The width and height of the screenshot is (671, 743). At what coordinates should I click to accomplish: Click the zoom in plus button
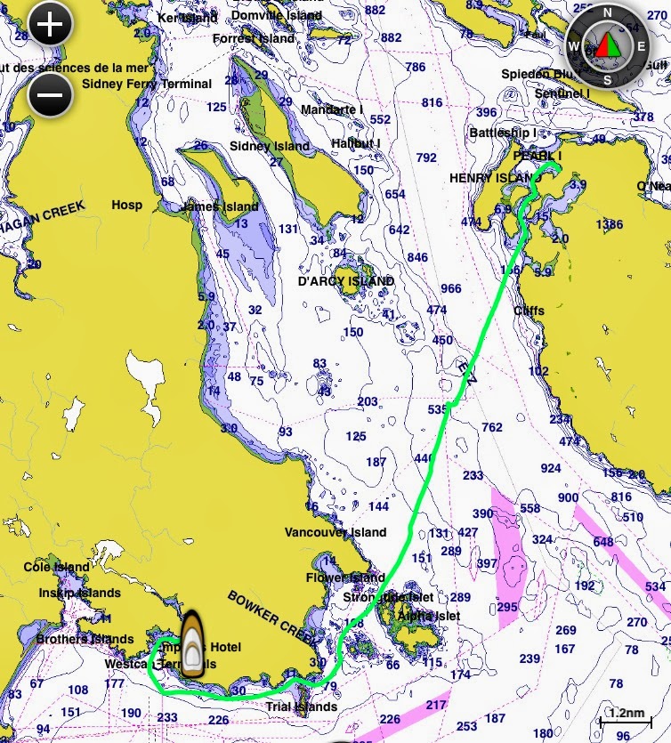click(x=50, y=24)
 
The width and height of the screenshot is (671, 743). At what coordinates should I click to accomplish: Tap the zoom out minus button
click(x=50, y=93)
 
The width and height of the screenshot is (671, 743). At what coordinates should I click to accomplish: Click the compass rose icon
click(x=608, y=44)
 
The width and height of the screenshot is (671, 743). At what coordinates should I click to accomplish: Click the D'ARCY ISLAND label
click(x=345, y=281)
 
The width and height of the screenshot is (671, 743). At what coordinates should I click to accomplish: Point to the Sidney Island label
click(x=270, y=146)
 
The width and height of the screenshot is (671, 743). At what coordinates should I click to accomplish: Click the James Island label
click(x=220, y=207)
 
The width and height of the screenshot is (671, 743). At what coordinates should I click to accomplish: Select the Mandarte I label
click(x=332, y=109)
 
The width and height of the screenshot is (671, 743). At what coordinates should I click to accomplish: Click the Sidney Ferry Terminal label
click(x=147, y=84)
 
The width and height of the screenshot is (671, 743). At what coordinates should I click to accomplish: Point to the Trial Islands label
click(x=302, y=707)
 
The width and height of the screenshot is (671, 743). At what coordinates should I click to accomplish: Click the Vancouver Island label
click(x=335, y=532)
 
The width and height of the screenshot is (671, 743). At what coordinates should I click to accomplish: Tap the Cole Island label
click(x=57, y=567)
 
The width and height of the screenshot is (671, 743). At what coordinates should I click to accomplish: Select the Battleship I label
click(x=503, y=133)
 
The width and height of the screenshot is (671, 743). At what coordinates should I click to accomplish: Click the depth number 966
click(x=451, y=288)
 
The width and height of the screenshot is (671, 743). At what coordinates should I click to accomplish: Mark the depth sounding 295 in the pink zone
click(x=507, y=607)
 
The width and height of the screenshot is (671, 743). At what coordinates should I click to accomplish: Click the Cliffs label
click(x=529, y=311)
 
